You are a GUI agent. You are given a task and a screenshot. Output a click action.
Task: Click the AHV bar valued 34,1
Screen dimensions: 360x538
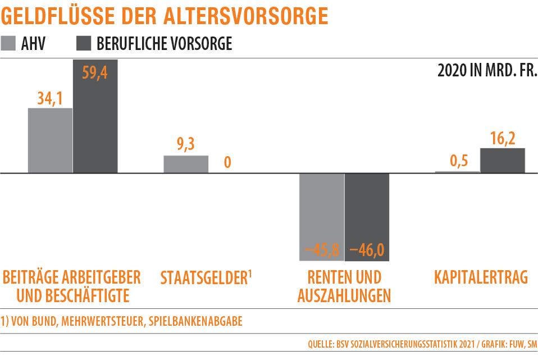tap(50, 140)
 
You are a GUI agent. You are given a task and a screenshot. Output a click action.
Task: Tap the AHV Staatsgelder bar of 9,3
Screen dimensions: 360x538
tap(186, 164)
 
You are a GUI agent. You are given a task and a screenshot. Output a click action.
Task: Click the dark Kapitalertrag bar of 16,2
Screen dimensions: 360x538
tap(503, 161)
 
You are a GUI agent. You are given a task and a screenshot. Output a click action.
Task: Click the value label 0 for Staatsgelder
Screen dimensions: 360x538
tap(227, 163)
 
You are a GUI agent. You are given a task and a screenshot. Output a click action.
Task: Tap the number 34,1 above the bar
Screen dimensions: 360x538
tap(51, 98)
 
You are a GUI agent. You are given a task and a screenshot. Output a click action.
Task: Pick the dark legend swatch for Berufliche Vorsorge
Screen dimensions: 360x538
tap(83, 44)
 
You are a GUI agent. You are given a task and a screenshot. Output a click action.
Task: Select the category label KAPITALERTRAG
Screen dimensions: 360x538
tap(481, 277)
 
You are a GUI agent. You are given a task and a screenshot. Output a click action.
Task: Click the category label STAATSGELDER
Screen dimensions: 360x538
tap(203, 277)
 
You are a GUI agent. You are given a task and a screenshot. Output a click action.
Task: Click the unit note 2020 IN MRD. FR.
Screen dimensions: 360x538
tap(486, 72)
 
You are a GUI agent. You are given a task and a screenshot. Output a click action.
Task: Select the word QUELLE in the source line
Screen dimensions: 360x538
tap(321, 343)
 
